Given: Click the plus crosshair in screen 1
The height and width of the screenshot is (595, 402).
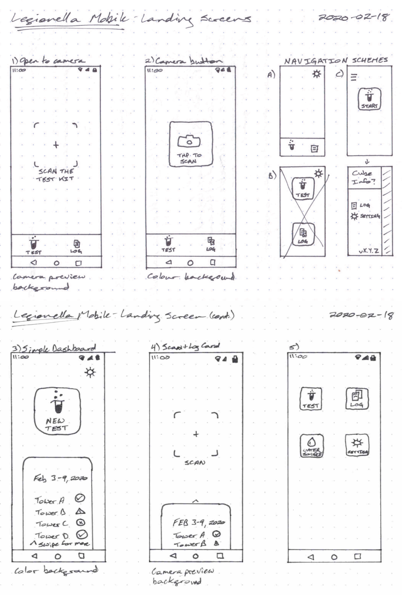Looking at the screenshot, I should (55, 145).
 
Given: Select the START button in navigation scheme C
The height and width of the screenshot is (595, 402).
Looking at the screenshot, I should (369, 99).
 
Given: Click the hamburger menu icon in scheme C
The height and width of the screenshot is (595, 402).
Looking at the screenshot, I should (353, 77).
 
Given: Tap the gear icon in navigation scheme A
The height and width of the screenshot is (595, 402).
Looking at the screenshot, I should (317, 74).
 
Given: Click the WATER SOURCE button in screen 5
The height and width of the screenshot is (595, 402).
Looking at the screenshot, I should (312, 446).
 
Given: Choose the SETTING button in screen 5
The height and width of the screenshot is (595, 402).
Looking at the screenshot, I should (357, 445).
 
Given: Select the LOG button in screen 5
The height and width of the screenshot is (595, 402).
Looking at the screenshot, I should (357, 399).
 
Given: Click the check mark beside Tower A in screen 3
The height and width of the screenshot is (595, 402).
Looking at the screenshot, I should (80, 498).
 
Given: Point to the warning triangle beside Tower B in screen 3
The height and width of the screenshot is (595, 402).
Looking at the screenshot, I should (80, 511).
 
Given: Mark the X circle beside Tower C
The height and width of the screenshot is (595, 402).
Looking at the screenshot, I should (80, 523).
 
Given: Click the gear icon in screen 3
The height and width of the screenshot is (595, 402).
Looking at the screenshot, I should (90, 372).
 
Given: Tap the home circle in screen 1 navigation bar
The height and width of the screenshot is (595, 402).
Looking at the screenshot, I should (57, 264).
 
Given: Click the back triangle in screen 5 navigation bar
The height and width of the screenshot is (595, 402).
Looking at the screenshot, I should (310, 557).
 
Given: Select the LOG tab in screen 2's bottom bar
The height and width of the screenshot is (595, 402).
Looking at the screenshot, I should (211, 243).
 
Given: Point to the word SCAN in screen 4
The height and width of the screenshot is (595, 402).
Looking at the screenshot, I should (195, 462).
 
